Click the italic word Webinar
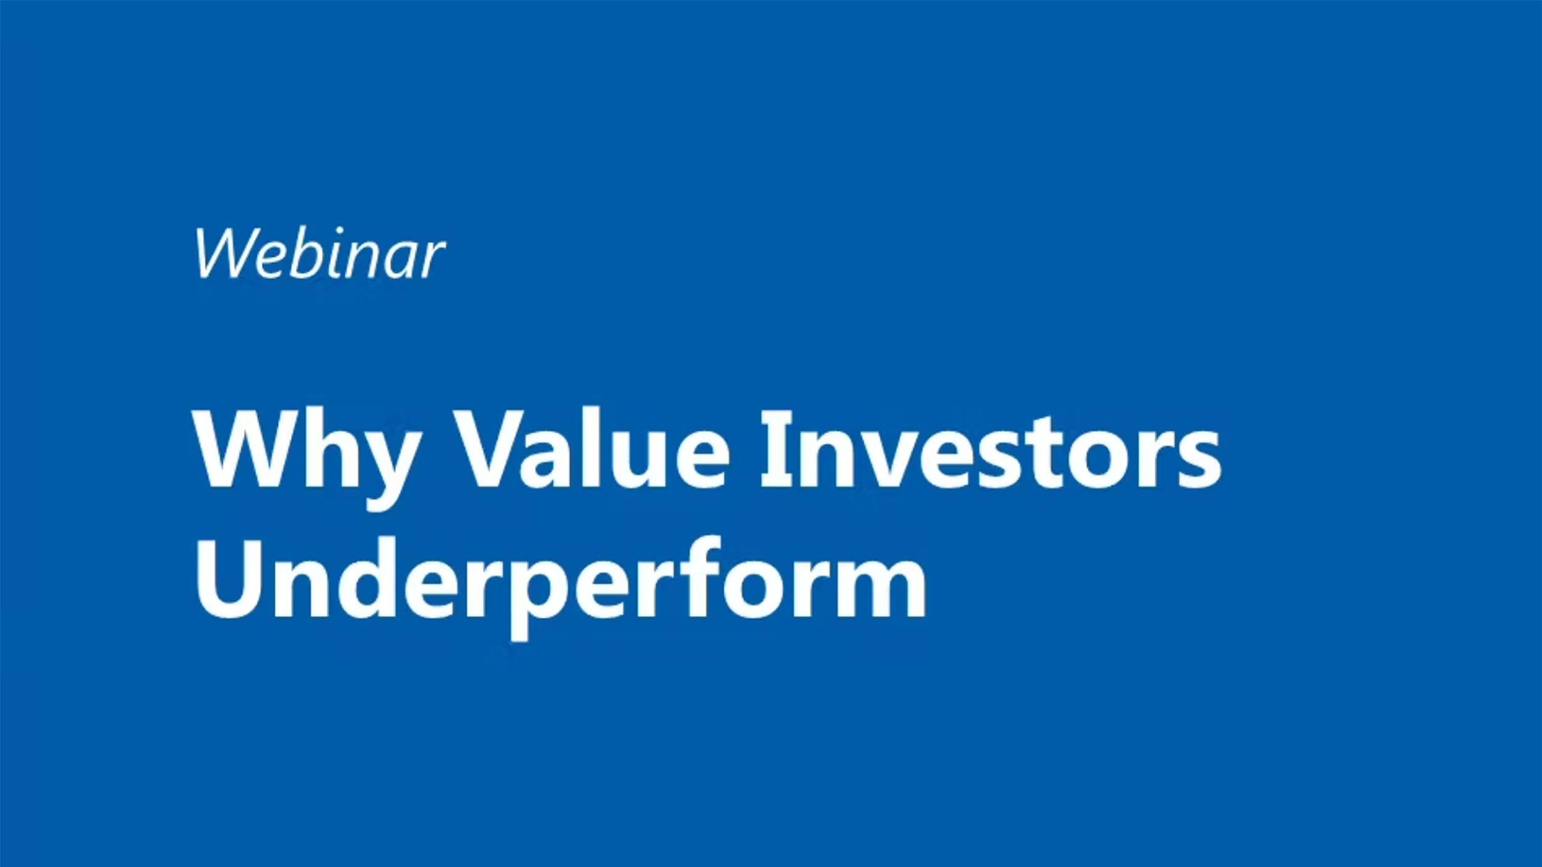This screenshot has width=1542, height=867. (x=320, y=253)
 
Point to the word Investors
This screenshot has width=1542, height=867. (x=991, y=449)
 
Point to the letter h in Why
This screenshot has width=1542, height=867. (x=326, y=448)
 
